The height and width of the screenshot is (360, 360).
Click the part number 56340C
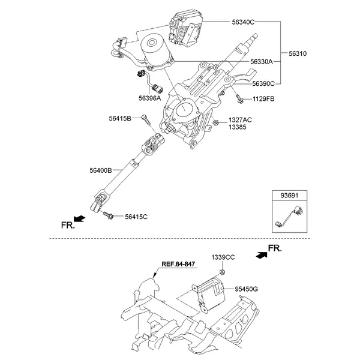point(244,22)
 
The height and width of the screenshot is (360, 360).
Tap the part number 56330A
point(262,61)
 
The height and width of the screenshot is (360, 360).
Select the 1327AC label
point(240,120)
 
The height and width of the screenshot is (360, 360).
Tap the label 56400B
point(101,171)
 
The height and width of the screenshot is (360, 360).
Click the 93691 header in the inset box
point(290,195)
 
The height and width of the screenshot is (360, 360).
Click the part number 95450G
point(247,289)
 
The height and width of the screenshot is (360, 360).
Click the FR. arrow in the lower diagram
point(262,254)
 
